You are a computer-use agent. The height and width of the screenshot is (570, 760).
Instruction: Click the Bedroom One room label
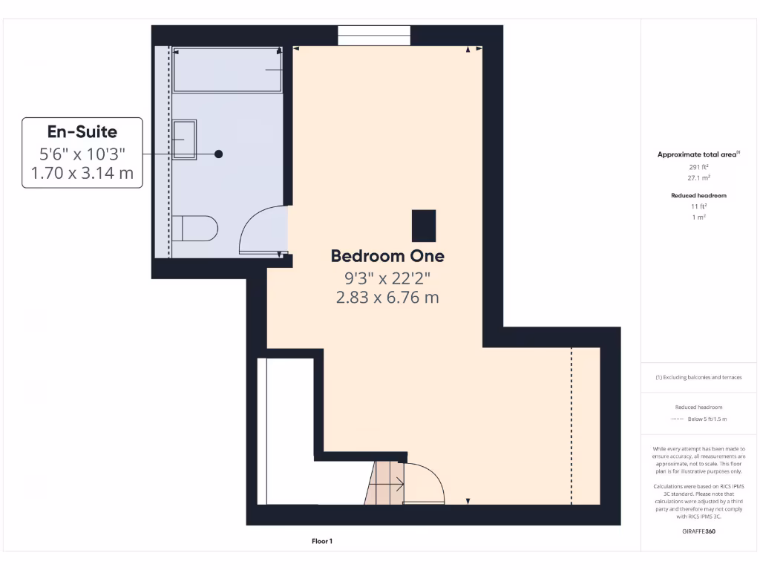pos(387,256)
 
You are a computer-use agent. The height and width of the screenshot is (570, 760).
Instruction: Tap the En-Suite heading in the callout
pos(82,132)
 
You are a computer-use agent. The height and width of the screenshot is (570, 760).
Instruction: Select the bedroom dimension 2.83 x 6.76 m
pos(387,298)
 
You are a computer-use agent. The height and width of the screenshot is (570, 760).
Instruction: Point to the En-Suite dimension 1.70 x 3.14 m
pos(82,173)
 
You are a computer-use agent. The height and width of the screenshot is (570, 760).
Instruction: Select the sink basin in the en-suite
pos(185,140)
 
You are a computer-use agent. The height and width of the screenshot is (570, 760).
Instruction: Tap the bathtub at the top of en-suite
pos(227,71)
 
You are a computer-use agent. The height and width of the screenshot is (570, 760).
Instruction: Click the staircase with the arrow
pos(386,484)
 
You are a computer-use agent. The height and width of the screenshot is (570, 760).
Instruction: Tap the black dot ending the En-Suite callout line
pos(219,154)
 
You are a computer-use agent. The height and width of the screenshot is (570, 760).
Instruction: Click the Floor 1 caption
pos(322,542)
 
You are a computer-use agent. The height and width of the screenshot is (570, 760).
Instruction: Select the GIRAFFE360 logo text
pos(698,531)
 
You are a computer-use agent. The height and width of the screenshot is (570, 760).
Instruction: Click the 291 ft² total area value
pos(698,167)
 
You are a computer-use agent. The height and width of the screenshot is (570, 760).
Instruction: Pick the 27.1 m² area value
pos(698,179)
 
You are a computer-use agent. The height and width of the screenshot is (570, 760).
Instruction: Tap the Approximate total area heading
pos(698,154)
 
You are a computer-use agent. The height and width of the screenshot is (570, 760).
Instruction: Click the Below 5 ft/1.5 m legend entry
pos(707,419)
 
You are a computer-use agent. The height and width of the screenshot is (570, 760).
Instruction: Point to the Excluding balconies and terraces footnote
pos(698,377)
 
